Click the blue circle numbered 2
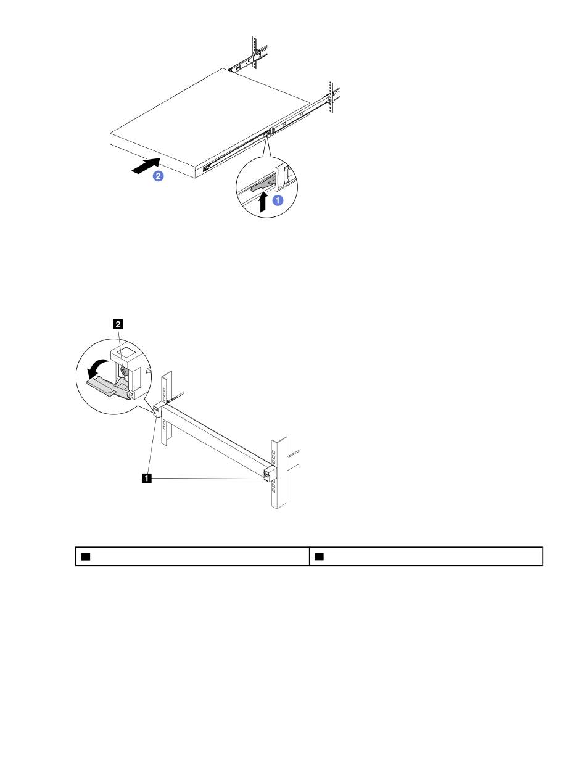[x=159, y=176]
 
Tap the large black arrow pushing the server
[x=146, y=165]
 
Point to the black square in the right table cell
[x=319, y=556]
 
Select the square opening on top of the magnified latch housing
[x=126, y=352]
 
